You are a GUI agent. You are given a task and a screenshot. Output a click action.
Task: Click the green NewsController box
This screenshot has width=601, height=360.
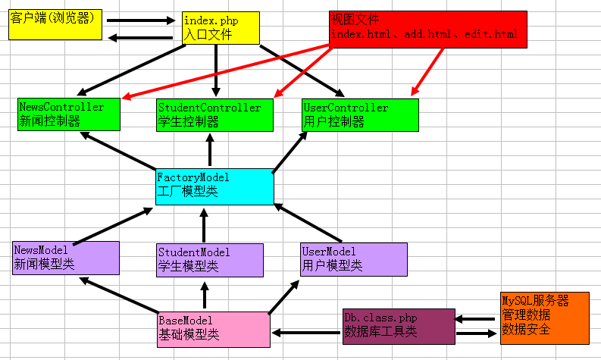click(69, 114)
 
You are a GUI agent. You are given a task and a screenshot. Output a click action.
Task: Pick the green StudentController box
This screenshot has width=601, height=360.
click(214, 114)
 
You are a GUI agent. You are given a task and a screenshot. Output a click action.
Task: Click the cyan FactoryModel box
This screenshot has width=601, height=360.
click(214, 186)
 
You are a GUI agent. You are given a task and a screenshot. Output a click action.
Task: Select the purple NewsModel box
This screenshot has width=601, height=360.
click(66, 258)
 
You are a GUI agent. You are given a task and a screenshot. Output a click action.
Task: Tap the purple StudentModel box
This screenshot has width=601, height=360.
click(210, 259)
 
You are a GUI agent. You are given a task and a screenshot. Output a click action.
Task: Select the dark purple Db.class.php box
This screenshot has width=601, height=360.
click(399, 327)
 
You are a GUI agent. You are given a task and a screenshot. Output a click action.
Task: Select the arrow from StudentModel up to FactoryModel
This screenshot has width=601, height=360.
click(203, 224)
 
